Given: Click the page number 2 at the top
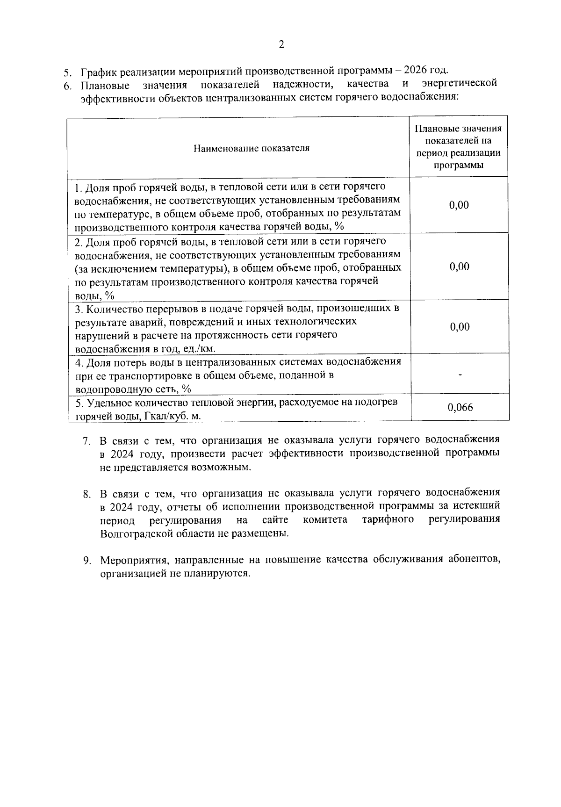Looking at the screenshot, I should (281, 45).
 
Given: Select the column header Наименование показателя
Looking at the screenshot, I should (252, 148).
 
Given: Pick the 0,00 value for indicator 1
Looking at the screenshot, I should (459, 205).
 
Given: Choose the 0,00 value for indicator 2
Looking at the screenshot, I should (459, 267).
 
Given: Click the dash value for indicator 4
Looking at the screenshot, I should (460, 375).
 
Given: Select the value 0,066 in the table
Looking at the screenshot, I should (460, 408).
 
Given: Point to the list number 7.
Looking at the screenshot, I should (86, 440).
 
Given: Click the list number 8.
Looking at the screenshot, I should (86, 494).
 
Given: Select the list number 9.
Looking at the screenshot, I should (86, 561).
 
